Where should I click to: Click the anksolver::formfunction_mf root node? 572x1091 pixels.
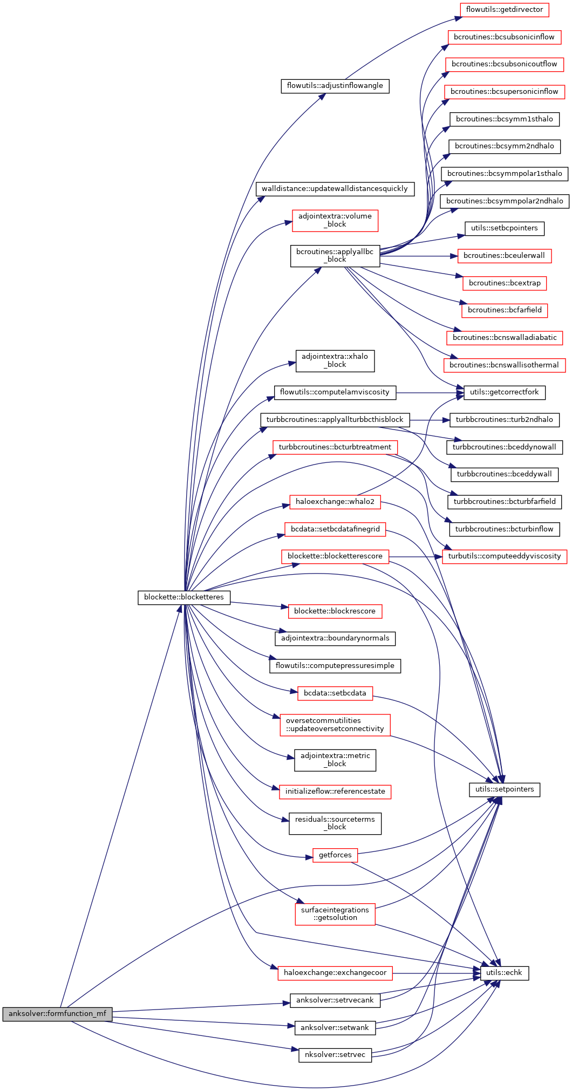57,1014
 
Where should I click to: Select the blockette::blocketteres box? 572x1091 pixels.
184,597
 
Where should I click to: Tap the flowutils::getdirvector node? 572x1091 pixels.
505,10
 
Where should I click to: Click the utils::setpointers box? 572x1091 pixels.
505,789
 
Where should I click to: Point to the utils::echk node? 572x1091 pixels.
505,972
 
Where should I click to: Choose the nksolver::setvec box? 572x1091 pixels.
335,1054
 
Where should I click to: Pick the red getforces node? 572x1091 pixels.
335,855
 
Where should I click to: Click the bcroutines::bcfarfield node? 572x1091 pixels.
505,310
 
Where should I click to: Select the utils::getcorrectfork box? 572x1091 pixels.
505,392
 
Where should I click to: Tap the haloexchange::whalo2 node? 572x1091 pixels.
335,502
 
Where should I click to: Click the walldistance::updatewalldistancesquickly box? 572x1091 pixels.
335,189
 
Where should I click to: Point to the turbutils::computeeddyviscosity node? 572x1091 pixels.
505,556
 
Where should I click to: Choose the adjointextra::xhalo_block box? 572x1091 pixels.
335,360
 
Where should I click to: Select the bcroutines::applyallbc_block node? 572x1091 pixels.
335,256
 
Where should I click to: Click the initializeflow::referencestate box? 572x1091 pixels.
335,792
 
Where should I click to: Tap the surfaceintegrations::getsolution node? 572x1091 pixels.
335,913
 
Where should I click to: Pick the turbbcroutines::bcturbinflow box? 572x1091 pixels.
505,529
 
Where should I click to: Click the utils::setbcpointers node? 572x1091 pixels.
505,228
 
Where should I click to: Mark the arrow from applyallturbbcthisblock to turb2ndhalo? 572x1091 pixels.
429,420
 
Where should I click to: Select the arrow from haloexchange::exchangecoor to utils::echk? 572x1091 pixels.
437,973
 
